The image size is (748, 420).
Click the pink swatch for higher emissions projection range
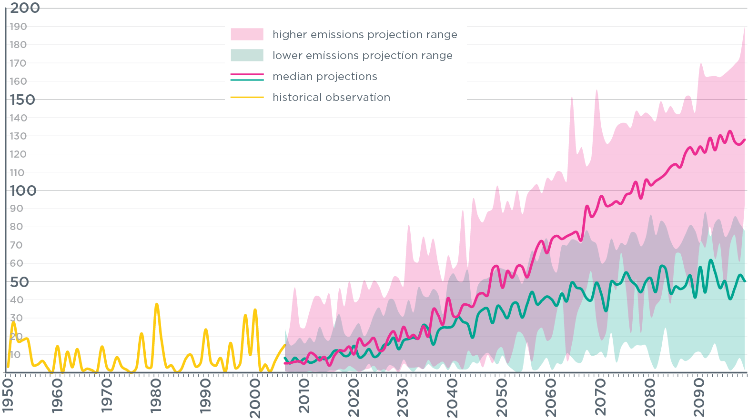(247, 34)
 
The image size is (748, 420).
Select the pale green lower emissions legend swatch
(247, 55)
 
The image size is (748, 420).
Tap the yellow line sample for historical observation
(247, 97)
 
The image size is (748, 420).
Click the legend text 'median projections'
(324, 76)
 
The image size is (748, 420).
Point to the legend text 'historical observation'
(331, 97)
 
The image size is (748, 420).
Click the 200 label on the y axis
(25, 8)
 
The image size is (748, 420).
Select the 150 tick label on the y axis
(22, 100)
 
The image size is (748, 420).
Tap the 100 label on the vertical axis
(23, 190)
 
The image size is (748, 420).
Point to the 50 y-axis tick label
(20, 282)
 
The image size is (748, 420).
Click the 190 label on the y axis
(18, 27)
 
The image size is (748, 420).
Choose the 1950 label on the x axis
(8, 396)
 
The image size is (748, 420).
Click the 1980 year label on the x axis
(156, 396)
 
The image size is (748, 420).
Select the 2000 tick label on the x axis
(255, 396)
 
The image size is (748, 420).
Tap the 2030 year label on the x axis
(403, 396)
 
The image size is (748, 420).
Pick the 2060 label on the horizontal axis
(551, 396)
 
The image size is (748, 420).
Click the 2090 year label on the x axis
(699, 396)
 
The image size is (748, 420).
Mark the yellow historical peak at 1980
(157, 304)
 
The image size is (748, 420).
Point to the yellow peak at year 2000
(255, 310)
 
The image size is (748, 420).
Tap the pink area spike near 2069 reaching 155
(596, 90)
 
